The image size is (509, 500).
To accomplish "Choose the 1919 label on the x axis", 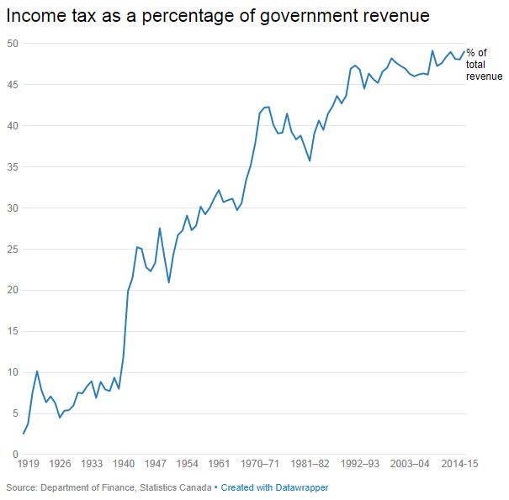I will pos(28,463).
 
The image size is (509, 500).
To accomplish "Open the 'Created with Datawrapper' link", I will pos(274,487).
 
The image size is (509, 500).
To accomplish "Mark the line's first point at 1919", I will pos(24,434).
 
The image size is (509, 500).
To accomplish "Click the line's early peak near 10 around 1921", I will pos(37,371).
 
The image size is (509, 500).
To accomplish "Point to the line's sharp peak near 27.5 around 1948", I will pos(160,228).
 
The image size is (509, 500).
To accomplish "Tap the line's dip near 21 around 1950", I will pos(169,282).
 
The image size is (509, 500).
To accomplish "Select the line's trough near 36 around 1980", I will pos(310,161).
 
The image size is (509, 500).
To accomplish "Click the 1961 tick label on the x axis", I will pos(219,463).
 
